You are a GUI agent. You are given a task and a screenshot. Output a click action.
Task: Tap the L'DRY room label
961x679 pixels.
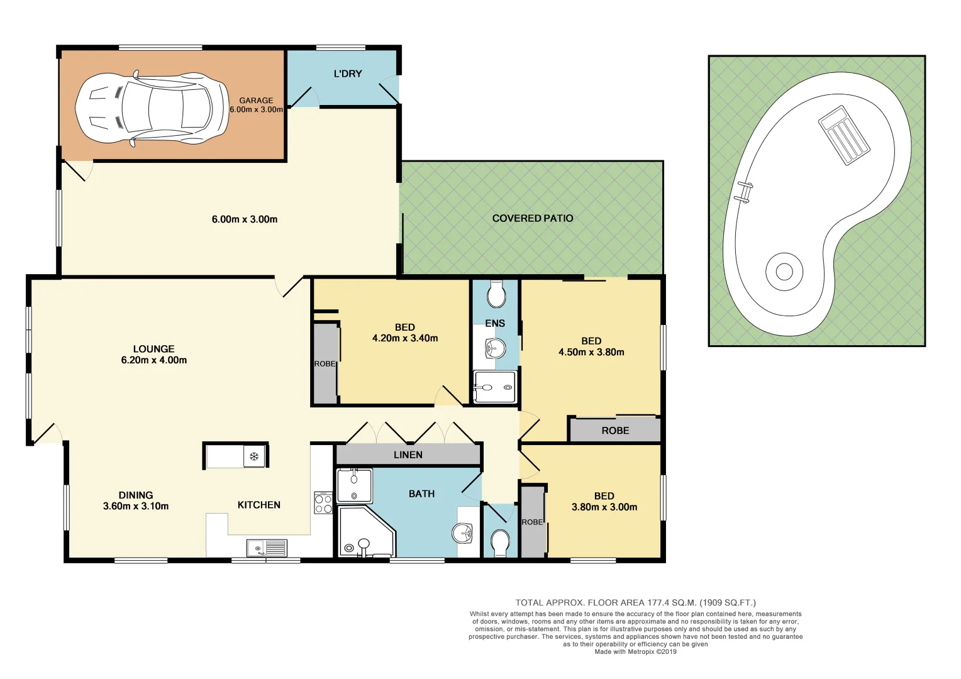pos(348,74)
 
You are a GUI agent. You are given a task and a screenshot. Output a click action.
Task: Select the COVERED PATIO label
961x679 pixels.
pos(532,218)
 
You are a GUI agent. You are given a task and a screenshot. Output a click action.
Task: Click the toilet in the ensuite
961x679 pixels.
pos(496,294)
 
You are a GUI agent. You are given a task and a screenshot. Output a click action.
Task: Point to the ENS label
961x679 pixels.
pos(495,323)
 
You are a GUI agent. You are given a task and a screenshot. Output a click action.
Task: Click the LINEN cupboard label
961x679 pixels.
pos(408,455)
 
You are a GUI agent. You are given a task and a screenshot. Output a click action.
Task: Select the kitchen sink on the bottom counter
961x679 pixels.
pos(267,548)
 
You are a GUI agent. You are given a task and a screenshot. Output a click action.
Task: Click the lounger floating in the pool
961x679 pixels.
pos(844,135)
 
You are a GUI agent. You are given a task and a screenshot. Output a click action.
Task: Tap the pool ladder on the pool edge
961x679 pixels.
pos(745,192)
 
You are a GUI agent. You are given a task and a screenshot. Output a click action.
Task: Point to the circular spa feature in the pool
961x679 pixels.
pos(784,272)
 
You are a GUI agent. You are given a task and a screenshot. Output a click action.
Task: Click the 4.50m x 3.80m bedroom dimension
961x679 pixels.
pos(591,352)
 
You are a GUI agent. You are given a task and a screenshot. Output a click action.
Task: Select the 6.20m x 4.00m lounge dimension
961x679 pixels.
pos(154,360)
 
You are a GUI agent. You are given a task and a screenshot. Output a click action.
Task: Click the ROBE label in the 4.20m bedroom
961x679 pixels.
pos(325,364)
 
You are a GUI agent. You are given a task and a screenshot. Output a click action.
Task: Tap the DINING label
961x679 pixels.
pos(136,495)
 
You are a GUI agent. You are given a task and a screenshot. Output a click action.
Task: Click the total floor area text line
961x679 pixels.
pos(635,602)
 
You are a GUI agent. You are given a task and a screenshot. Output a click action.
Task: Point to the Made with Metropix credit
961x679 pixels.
pos(635,652)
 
